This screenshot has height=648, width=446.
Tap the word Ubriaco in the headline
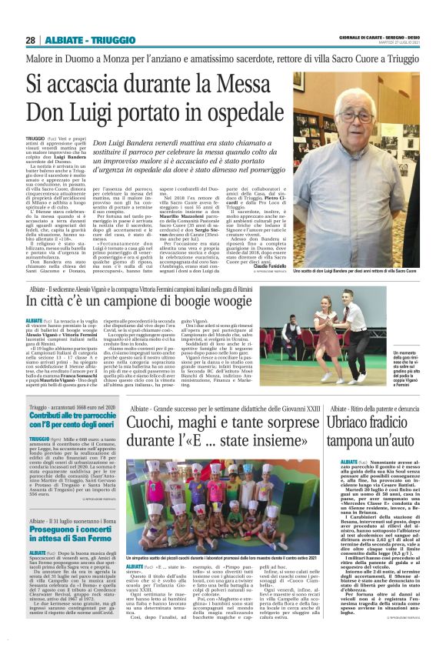[372, 422]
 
